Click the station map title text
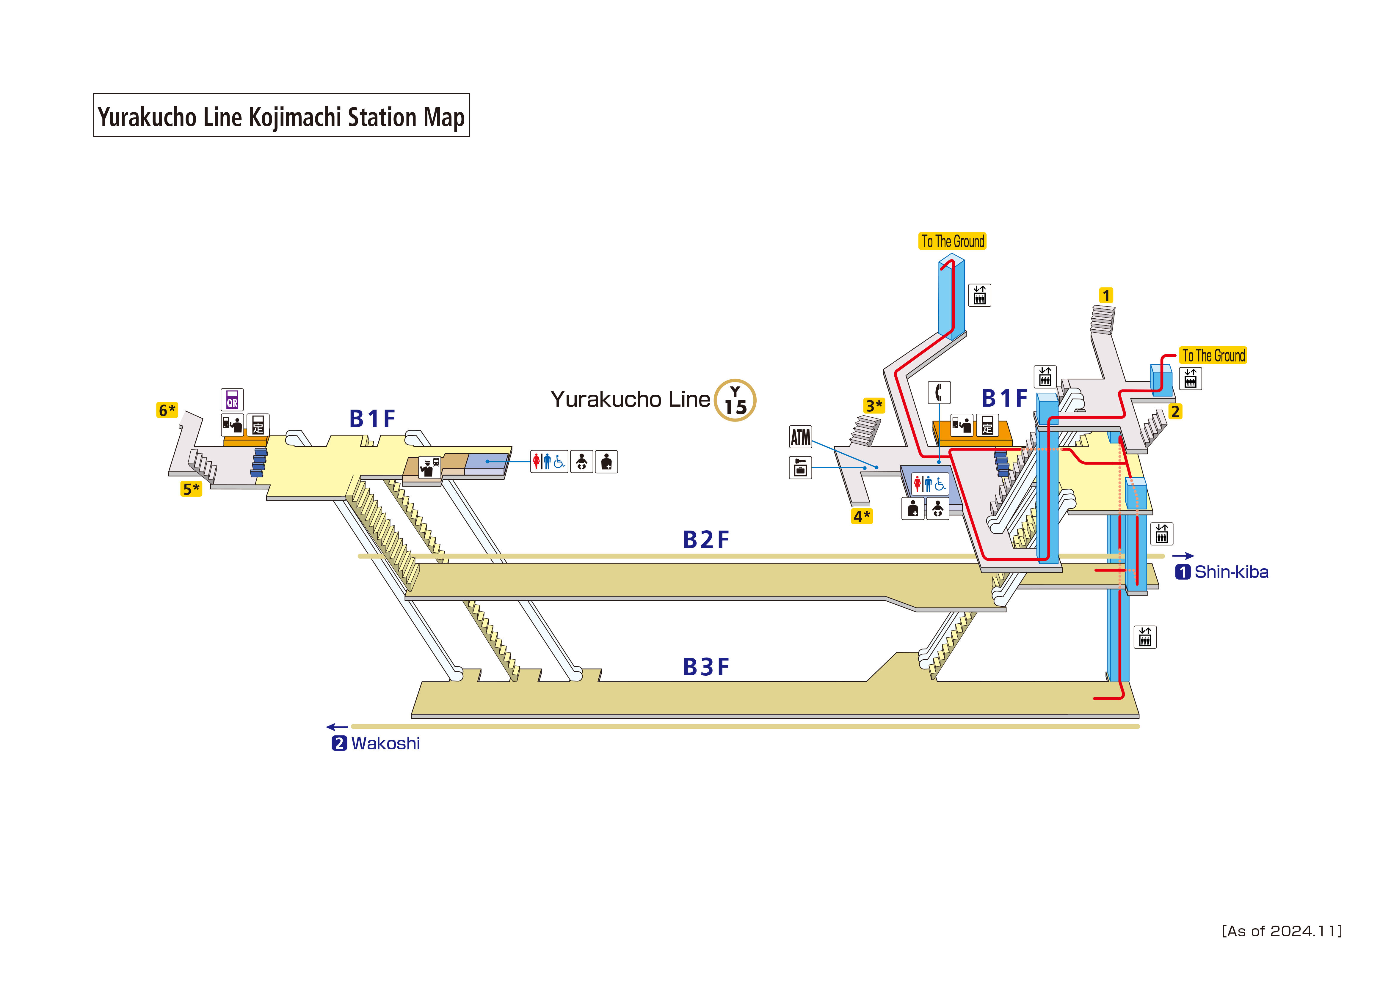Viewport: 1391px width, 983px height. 281,116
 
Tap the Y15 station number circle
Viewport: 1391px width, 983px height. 735,400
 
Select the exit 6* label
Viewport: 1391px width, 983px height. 167,410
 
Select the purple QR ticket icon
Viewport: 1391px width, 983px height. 232,400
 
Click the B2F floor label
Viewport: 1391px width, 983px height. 706,540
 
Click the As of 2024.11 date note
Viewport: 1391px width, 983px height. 1281,931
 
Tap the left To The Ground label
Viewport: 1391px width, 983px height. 952,241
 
